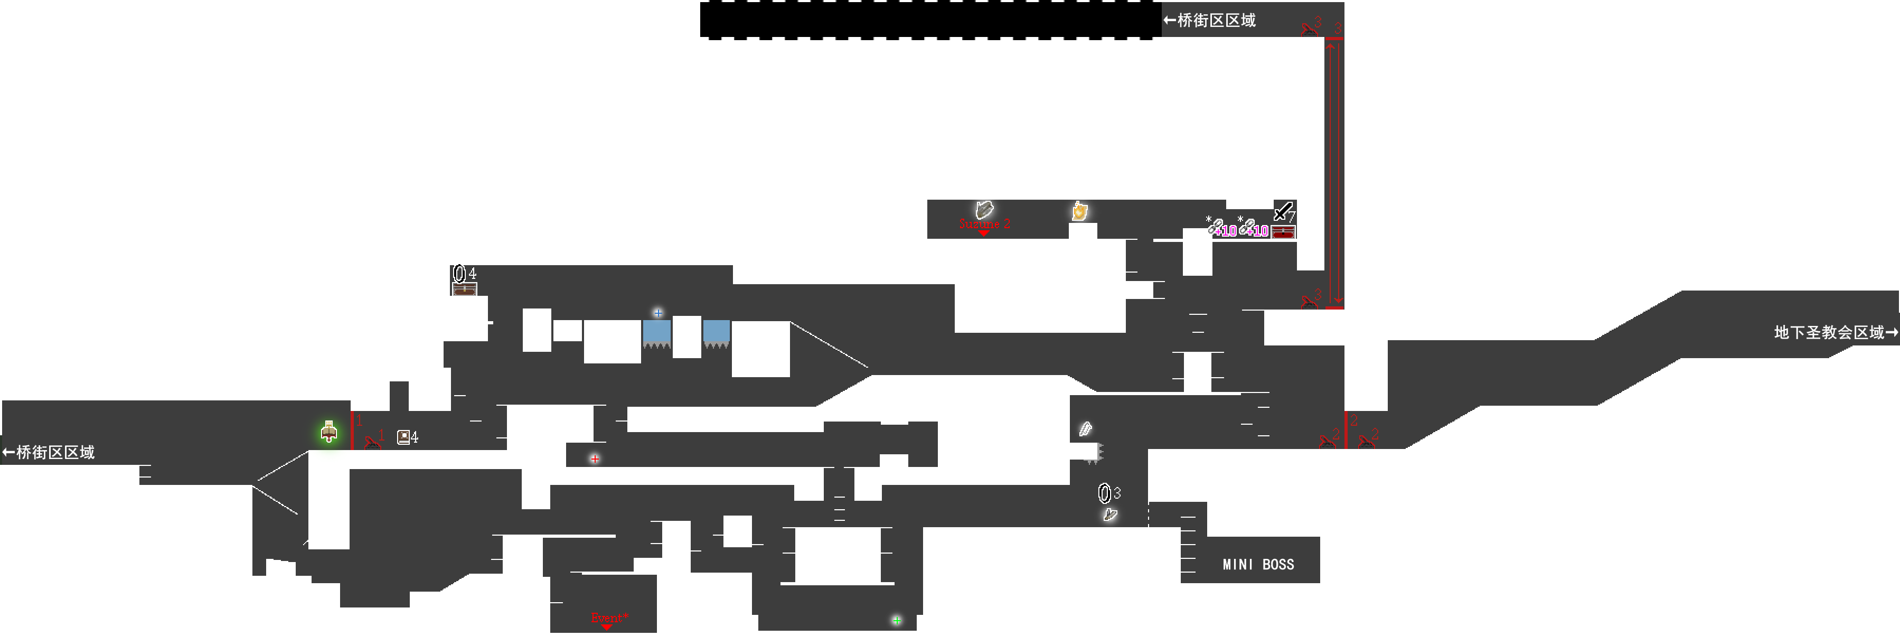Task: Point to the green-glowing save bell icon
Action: [x=329, y=432]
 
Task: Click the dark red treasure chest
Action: [x=1283, y=232]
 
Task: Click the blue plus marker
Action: [x=658, y=313]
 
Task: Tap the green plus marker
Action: [x=896, y=620]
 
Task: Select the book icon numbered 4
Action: [x=403, y=437]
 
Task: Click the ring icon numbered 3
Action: [x=1104, y=493]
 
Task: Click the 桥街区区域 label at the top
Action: [x=1210, y=21]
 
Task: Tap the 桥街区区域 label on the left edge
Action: [x=49, y=452]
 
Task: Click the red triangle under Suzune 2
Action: [x=983, y=233]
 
